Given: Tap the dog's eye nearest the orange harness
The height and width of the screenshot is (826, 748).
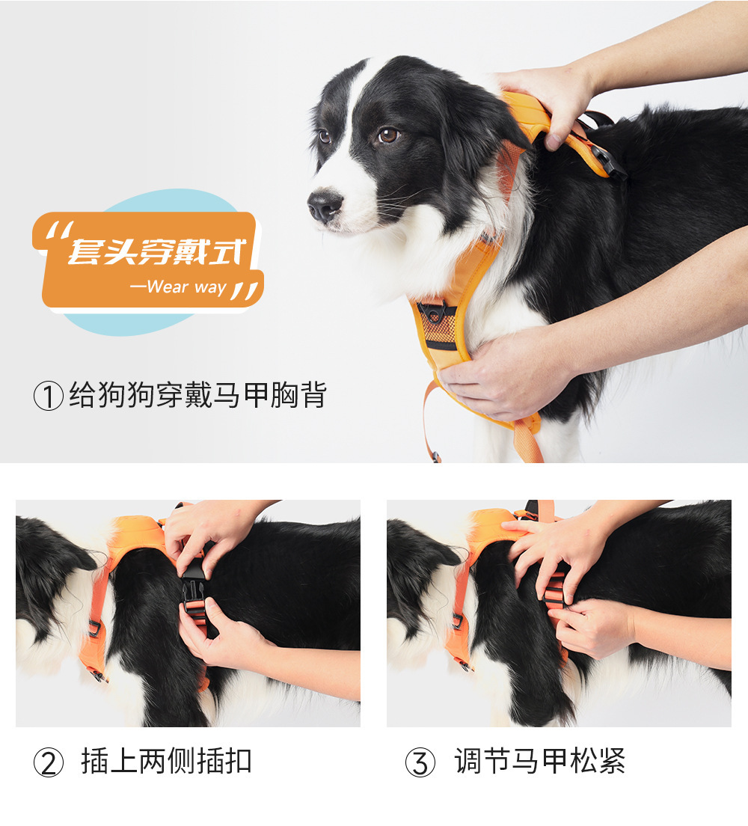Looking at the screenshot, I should (387, 135).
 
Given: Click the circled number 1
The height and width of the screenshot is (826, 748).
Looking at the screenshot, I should (48, 396).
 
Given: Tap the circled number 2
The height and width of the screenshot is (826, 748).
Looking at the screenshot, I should (48, 762).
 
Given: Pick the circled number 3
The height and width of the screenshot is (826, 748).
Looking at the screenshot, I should (420, 762).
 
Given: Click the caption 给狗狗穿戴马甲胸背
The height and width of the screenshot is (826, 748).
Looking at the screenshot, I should (197, 395).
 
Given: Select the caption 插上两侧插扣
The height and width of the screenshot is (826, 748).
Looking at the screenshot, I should (166, 762).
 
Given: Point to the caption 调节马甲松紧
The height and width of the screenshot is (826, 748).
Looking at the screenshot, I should (539, 762).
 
